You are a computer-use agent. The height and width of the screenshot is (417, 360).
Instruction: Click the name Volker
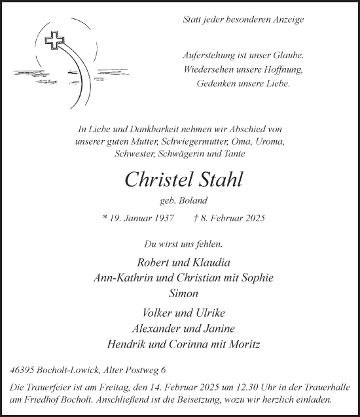(149, 312)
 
